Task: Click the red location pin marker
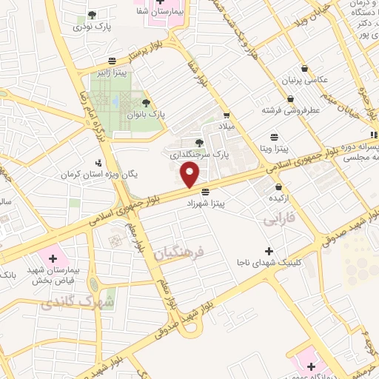pyautogui.click(x=191, y=175)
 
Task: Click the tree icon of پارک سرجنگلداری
pyautogui.click(x=198, y=143)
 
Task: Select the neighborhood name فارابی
pyautogui.click(x=279, y=221)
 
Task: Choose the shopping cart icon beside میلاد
pyautogui.click(x=227, y=115)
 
